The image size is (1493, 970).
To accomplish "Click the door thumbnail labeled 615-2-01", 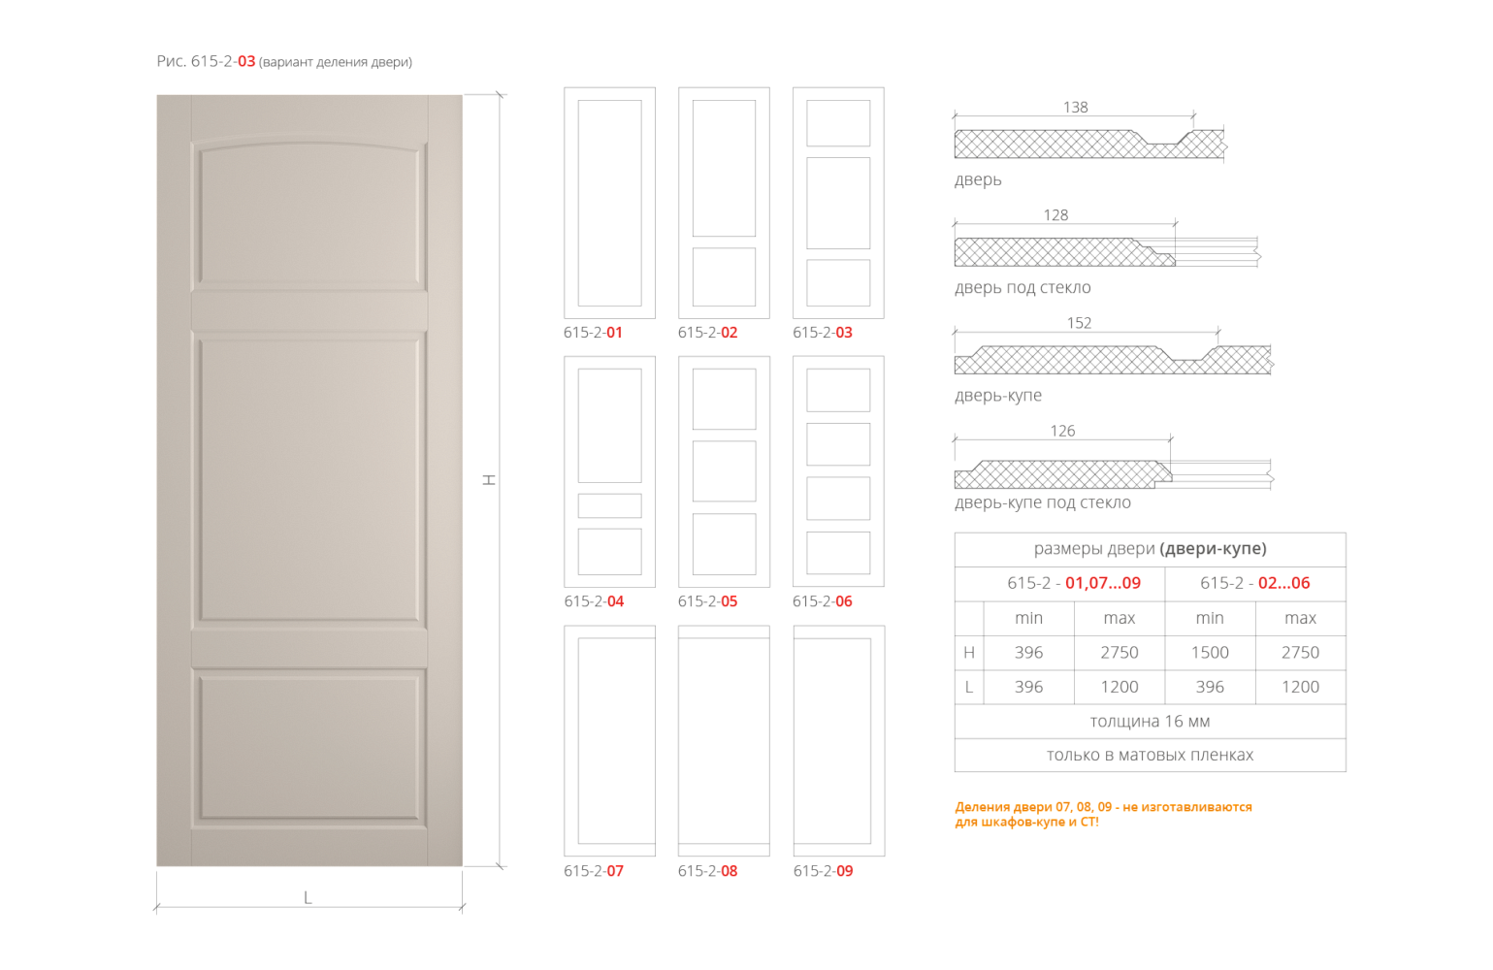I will click(x=609, y=203).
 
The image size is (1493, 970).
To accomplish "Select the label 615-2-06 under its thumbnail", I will click(x=822, y=601).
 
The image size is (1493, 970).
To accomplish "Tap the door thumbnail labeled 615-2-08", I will click(x=724, y=741).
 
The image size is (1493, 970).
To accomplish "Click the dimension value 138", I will click(x=1075, y=108).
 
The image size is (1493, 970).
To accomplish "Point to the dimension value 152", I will click(x=1079, y=323).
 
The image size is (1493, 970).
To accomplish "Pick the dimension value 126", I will click(x=1062, y=431).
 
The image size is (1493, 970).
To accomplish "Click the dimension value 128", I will click(x=1055, y=215).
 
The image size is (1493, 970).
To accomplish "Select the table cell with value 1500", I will click(x=1209, y=653).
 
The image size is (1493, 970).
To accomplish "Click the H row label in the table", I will click(x=968, y=653).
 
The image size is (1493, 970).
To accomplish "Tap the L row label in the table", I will click(x=968, y=687).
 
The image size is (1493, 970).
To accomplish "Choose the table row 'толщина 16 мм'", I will click(x=1150, y=722).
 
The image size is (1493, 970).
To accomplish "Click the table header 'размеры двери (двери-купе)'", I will click(x=1150, y=549).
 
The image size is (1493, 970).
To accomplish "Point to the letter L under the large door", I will click(x=308, y=897).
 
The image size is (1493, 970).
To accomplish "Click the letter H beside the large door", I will click(x=490, y=479).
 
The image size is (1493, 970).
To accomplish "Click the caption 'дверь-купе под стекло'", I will click(x=1042, y=502).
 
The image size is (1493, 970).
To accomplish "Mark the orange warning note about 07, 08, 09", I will click(x=1103, y=814).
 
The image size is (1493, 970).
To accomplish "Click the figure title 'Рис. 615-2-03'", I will click(x=206, y=62).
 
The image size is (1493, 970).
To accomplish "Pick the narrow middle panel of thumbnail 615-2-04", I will click(x=609, y=505).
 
